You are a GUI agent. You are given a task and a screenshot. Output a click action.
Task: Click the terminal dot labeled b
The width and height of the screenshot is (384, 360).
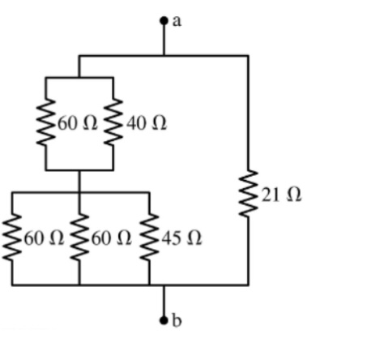[164, 320]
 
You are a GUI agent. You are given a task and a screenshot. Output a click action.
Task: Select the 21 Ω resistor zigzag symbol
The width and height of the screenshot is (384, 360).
[248, 194]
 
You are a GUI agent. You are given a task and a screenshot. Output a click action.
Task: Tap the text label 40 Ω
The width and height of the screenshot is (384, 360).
[147, 124]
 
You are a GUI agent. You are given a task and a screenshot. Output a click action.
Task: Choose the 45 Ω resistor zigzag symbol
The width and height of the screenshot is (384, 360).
[150, 238]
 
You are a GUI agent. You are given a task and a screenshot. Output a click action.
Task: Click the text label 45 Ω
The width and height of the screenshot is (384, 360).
[182, 239]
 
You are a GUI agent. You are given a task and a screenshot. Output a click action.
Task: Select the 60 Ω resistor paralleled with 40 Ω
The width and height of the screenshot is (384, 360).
[45, 124]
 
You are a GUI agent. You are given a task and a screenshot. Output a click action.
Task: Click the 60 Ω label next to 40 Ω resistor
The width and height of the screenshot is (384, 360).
[77, 124]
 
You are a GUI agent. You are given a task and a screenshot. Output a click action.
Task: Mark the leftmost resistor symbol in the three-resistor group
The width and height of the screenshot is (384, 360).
[13, 238]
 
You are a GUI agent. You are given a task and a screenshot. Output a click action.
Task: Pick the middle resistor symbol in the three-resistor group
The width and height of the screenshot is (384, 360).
[79, 238]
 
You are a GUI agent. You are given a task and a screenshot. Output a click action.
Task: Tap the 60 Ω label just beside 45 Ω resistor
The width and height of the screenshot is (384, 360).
[112, 239]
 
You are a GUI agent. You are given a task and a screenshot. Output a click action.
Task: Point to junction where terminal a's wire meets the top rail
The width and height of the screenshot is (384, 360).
[164, 56]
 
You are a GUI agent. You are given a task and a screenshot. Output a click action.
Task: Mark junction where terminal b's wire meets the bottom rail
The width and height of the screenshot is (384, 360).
[164, 285]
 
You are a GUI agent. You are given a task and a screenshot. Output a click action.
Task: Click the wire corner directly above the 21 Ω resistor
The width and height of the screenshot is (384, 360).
[248, 56]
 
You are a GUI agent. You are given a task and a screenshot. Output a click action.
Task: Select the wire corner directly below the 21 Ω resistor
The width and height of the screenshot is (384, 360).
[248, 285]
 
